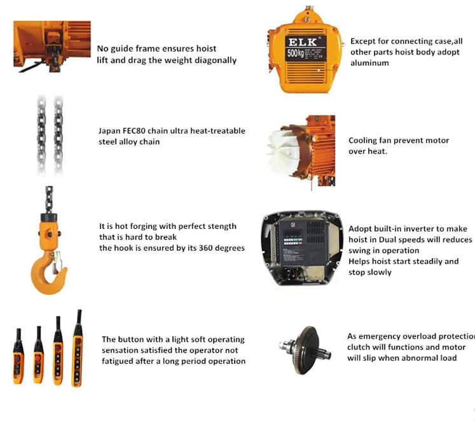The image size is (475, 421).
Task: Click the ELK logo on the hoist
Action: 302,42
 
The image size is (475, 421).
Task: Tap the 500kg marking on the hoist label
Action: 295,53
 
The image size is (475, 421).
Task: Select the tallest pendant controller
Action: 77,349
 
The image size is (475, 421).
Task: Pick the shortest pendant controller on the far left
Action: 18,357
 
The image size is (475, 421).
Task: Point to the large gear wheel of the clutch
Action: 306,350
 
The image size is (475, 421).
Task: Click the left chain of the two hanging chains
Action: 41,135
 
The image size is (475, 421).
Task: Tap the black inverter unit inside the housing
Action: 303,244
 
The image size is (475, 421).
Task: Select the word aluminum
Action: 369,63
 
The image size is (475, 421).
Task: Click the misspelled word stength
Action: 221,226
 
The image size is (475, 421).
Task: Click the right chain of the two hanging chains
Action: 58,135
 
